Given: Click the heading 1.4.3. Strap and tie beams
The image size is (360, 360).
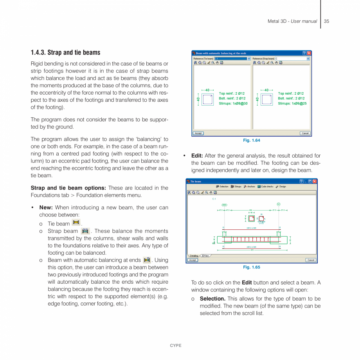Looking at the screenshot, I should pos(65,52).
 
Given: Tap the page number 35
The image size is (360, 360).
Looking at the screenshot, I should pos(326,21).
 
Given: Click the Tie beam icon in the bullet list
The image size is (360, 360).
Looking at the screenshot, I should pos(76,223).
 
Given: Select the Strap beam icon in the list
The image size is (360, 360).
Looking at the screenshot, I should pos(85,231).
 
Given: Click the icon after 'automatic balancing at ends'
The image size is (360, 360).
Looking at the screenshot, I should pos(147,260).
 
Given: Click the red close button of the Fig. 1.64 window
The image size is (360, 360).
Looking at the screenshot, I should pos(309,53).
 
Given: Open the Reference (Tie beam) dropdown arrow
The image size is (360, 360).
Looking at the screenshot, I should pos(249,59).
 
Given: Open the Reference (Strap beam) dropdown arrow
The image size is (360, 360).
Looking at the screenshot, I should pos(308,59).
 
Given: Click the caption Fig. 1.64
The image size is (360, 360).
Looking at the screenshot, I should pos(251,140).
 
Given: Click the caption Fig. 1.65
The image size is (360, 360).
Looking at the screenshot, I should pos(251,267).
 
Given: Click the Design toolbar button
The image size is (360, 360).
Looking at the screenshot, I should pos(281,187).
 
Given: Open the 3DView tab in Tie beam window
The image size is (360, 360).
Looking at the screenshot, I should pos(205,256).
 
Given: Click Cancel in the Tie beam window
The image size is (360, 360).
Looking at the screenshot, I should pos(310,260).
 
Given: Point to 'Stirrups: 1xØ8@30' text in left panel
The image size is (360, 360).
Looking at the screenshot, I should pos(233,104).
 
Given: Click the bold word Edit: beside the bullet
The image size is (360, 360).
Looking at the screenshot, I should pos(197,156).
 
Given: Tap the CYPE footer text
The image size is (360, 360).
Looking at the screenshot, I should pos(176,346).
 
